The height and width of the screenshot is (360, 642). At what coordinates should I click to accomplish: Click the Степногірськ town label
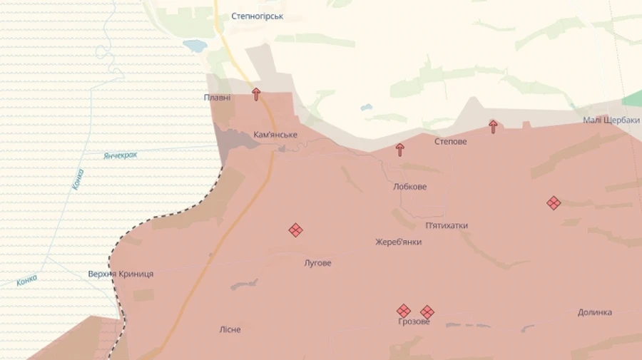pyautogui.click(x=257, y=16)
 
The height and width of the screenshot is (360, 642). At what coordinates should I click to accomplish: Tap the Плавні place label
pyautogui.click(x=217, y=98)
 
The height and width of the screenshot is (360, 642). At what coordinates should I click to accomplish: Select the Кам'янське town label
pyautogui.click(x=275, y=135)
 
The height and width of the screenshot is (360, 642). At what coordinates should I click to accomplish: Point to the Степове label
pyautogui.click(x=451, y=142)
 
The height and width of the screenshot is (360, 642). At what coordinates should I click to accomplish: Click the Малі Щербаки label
pyautogui.click(x=611, y=120)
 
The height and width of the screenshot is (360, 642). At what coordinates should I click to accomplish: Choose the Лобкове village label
pyautogui.click(x=409, y=187)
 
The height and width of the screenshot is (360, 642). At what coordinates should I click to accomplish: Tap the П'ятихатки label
pyautogui.click(x=447, y=226)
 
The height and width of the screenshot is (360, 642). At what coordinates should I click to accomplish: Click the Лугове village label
pyautogui.click(x=317, y=263)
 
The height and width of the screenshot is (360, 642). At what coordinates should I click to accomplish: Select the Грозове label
pyautogui.click(x=414, y=322)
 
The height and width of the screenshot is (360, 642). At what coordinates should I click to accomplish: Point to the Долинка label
pyautogui.click(x=595, y=312)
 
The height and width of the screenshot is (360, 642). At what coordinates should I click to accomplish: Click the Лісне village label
pyautogui.click(x=230, y=329)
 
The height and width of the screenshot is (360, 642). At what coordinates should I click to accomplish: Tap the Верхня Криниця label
pyautogui.click(x=121, y=274)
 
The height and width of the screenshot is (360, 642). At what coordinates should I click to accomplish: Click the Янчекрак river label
pyautogui.click(x=120, y=155)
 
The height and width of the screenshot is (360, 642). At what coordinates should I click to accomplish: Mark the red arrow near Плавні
pyautogui.click(x=256, y=93)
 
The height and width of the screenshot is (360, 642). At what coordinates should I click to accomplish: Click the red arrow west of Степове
pyautogui.click(x=399, y=149)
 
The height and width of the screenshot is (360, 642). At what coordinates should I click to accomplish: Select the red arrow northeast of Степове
pyautogui.click(x=493, y=126)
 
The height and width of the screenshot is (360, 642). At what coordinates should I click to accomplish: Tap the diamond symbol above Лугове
pyautogui.click(x=295, y=230)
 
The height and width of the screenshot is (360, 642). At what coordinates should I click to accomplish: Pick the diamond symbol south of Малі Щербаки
pyautogui.click(x=554, y=203)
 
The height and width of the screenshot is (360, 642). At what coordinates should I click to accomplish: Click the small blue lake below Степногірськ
pyautogui.click(x=194, y=46)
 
